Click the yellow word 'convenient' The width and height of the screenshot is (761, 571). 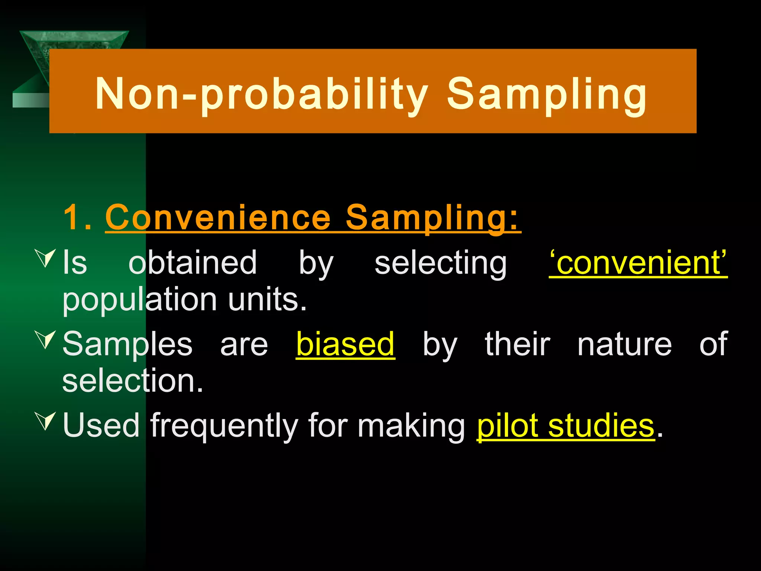[x=638, y=263]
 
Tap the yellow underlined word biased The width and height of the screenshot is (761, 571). [x=345, y=344]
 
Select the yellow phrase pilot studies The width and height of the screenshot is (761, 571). [x=565, y=426]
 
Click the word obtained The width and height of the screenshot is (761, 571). [x=192, y=263]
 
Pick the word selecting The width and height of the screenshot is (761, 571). [x=440, y=263]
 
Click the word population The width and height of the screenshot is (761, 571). [x=140, y=300]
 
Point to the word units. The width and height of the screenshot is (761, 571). [x=267, y=300]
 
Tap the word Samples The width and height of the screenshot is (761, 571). [x=127, y=344]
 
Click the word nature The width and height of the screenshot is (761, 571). [x=624, y=344]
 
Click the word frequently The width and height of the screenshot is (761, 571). [x=224, y=426]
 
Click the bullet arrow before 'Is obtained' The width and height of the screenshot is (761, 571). [x=46, y=258]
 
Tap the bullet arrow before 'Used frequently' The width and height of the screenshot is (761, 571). [x=46, y=421]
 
